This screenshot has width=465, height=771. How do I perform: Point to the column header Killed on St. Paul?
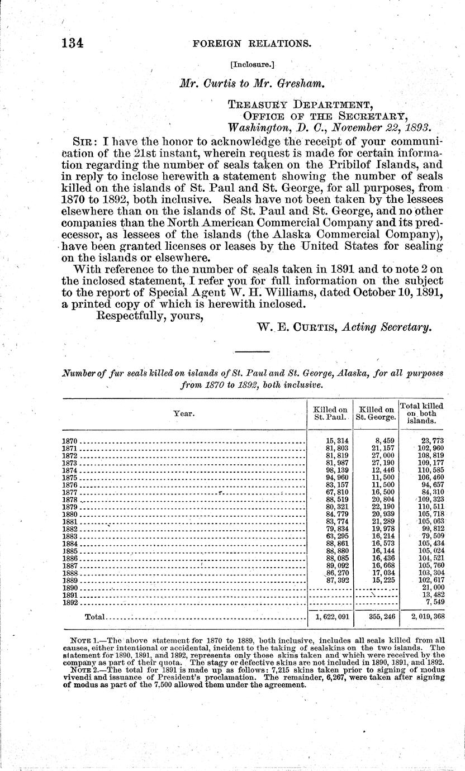330,413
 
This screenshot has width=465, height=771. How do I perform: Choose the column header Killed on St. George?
376,413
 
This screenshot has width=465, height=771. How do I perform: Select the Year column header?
184,413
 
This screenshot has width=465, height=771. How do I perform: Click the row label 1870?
69,441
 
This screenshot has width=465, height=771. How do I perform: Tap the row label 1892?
69,603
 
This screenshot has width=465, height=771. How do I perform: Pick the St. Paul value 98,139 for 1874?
336,470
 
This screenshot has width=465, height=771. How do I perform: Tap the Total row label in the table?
94,617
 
